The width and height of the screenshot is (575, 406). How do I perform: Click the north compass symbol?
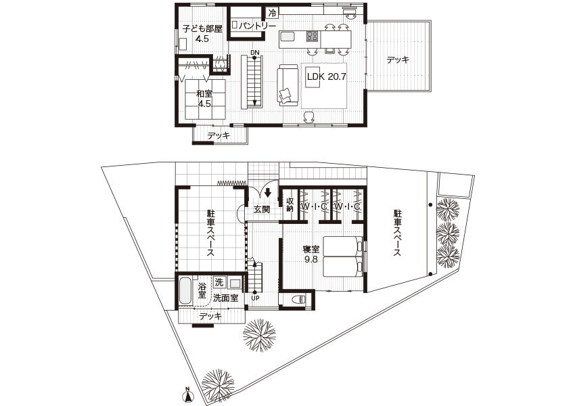pos(188,394)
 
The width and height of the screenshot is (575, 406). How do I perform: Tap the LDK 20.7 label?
pos(326,76)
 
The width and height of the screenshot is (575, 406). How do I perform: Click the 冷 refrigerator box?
pos(272,14)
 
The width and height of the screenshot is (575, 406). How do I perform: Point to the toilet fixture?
pos(299,300)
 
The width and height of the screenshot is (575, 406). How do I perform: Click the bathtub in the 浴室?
pos(185,290)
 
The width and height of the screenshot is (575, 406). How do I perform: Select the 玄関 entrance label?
pos(262,209)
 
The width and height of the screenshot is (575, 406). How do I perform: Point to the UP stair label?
pos(255,298)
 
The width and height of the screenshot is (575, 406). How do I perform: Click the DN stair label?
pos(255,53)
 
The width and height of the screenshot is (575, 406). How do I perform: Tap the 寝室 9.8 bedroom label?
pos(311,254)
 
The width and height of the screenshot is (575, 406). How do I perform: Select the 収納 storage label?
pos(290,204)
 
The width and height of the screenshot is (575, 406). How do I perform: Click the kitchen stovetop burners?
pos(313,36)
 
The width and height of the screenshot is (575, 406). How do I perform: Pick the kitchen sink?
pos(287,37)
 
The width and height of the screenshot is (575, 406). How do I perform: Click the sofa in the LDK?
pos(287,85)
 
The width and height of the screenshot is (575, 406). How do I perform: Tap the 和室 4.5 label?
pos(204,99)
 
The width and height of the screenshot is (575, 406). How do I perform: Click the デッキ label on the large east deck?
pos(398,60)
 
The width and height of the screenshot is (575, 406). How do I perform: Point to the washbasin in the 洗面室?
pos(235,283)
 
